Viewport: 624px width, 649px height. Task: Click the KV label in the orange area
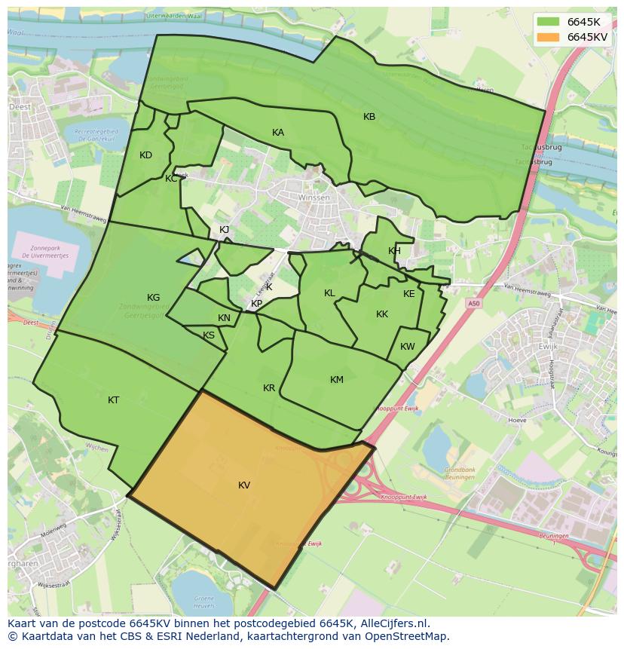[x=243, y=485]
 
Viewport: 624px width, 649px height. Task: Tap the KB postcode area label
[x=369, y=117]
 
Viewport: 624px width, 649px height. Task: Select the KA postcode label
[x=278, y=133]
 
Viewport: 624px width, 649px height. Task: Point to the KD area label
[x=145, y=155]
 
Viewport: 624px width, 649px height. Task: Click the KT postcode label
[x=113, y=400]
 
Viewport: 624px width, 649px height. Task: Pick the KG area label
[x=153, y=298]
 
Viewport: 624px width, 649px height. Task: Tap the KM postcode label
[x=336, y=380]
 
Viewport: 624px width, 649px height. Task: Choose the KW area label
[x=407, y=347]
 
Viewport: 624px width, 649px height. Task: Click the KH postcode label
[x=394, y=251]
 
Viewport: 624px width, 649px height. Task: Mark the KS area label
[x=209, y=335]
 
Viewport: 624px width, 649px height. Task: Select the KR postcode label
[x=269, y=388]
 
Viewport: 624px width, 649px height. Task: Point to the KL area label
[x=329, y=293]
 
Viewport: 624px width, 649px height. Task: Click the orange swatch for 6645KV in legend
[x=549, y=37]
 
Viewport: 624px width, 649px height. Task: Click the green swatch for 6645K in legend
[x=549, y=22]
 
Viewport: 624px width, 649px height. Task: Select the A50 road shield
[x=473, y=303]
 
